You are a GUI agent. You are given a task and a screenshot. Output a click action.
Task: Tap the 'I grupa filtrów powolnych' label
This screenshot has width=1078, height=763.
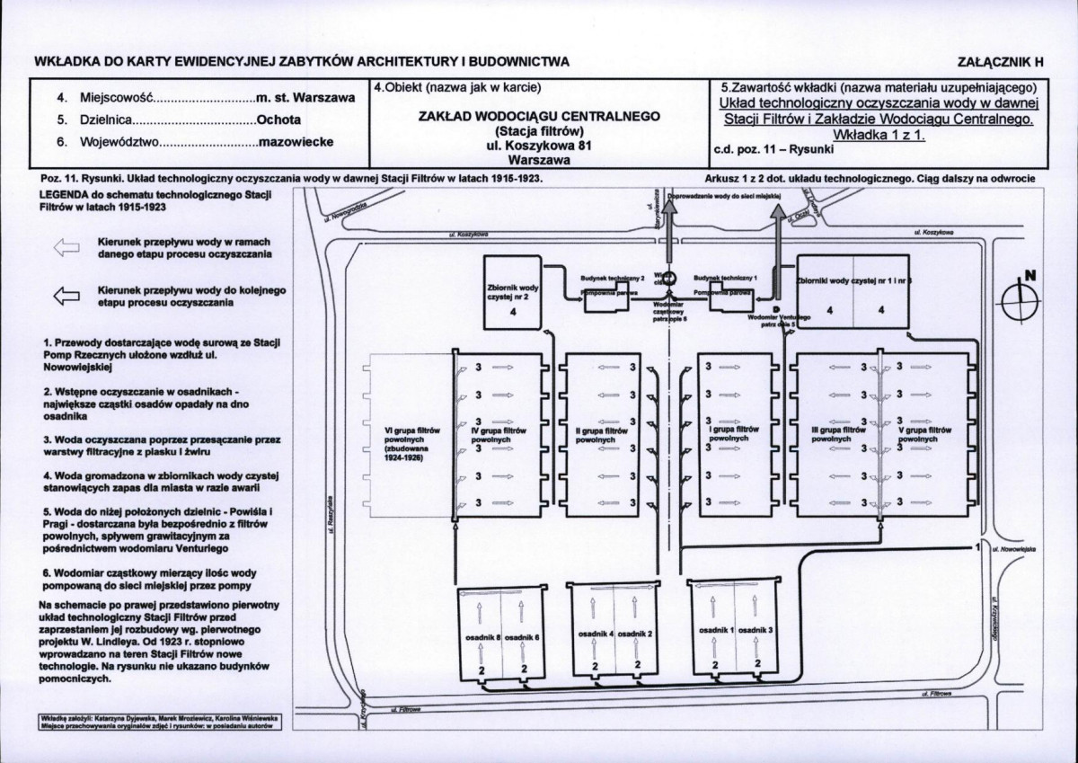(734, 434)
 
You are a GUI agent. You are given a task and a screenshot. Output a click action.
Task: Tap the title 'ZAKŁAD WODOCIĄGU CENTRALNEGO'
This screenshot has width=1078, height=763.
(540, 116)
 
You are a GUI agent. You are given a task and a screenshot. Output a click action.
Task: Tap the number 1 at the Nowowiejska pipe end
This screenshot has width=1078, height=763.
(976, 546)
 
